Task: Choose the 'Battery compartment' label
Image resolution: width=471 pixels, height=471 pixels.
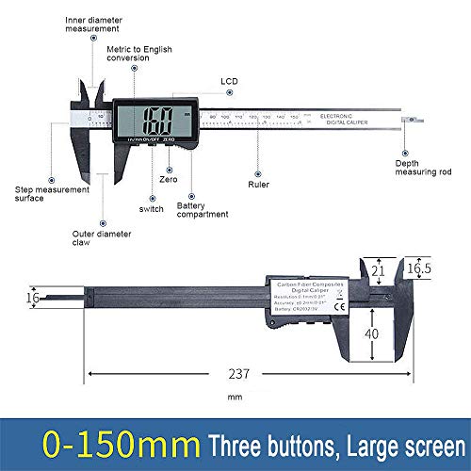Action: [x=202, y=208]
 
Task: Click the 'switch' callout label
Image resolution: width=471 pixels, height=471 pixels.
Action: [x=152, y=208]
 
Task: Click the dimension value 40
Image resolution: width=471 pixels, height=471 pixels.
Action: [x=373, y=333]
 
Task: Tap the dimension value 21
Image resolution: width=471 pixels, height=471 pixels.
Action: [x=379, y=271]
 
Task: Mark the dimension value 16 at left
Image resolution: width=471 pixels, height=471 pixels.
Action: [x=34, y=297]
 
